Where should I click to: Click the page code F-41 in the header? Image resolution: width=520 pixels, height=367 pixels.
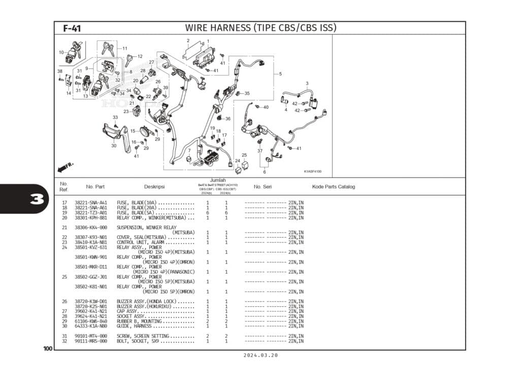click(72, 28)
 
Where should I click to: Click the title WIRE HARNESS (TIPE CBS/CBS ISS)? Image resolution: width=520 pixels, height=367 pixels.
click(261, 28)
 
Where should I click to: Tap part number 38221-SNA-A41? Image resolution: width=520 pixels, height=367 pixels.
click(91, 203)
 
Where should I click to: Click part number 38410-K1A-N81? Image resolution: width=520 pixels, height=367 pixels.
click(91, 242)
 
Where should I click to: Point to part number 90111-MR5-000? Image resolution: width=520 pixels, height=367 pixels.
click(91, 341)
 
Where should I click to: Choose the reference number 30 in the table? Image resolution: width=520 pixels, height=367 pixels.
click(64, 326)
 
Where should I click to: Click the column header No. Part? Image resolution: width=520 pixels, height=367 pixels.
click(95, 187)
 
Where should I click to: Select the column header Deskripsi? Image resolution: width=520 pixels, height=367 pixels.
click(154, 187)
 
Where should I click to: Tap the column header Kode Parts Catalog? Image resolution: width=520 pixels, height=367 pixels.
click(334, 187)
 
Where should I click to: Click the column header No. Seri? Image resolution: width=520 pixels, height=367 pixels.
click(263, 187)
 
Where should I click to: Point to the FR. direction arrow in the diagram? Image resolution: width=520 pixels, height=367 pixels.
click(67, 166)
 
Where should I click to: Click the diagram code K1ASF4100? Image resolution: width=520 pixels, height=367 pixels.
click(313, 171)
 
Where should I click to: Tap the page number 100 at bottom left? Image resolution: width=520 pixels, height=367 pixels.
click(48, 349)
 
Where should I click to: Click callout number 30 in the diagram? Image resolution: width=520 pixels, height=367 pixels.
click(114, 145)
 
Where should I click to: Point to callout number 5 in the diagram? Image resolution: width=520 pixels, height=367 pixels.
click(280, 74)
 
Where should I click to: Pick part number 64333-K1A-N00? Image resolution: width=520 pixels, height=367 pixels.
click(91, 326)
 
